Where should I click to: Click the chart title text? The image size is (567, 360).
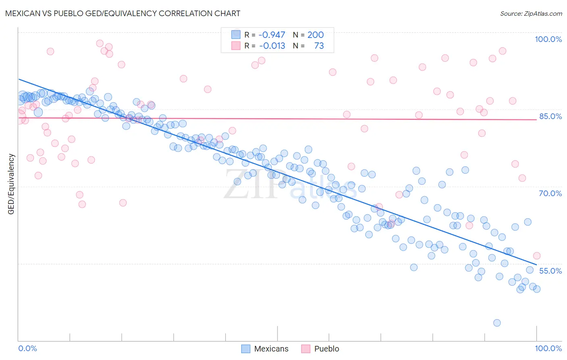coord(123,13)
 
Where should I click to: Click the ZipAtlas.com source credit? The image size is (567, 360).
coord(531,13)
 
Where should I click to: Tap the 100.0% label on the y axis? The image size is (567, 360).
coord(548,39)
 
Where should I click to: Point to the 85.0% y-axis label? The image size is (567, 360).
coord(550,116)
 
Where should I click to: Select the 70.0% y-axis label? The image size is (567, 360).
coord(550,193)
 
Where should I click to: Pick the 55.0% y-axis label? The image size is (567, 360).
coord(550,271)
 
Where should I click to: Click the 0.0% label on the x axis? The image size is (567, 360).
coord(28,348)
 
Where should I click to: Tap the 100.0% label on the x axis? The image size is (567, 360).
coord(548,348)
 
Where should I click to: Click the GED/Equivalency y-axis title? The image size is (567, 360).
coord(11,184)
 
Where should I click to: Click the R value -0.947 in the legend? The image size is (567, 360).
coord(272,35)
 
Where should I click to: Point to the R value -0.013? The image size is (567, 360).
coord(272,46)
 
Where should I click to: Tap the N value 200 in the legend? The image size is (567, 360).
coord(315,35)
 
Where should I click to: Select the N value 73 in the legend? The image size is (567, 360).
coord(319,46)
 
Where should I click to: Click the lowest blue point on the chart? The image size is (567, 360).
coord(497,323)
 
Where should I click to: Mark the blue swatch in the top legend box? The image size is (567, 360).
coord(236,35)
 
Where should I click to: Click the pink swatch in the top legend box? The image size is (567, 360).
coord(236,46)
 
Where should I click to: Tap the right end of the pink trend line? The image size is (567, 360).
coord(536,120)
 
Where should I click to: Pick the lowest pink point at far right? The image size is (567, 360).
coord(536,256)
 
